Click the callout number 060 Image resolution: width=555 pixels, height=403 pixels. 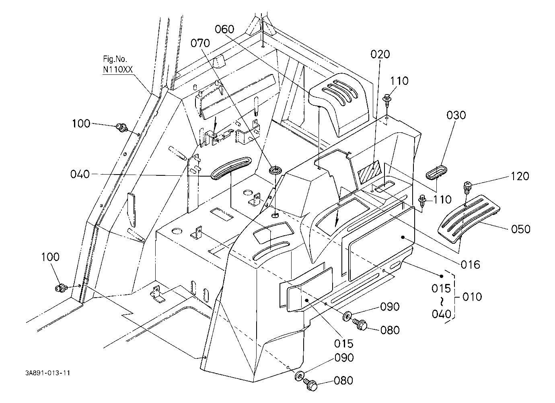pyautogui.click(x=224, y=29)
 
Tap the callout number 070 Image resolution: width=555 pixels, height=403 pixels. pyautogui.click(x=200, y=43)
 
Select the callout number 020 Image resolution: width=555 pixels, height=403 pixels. pyautogui.click(x=380, y=54)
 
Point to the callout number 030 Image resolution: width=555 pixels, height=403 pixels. pyautogui.click(x=456, y=115)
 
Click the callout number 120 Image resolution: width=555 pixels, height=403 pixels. pyautogui.click(x=520, y=176)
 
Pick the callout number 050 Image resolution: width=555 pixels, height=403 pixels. pyautogui.click(x=520, y=229)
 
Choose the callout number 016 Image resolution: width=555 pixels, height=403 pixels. pyautogui.click(x=470, y=265)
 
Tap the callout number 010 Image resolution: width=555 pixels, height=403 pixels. pyautogui.click(x=472, y=297)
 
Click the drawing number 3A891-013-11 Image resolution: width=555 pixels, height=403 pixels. pyautogui.click(x=47, y=373)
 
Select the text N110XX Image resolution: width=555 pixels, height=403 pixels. pyautogui.click(x=118, y=70)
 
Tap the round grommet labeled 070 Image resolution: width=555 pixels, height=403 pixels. pyautogui.click(x=275, y=171)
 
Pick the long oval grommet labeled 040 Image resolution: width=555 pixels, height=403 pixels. pyautogui.click(x=231, y=168)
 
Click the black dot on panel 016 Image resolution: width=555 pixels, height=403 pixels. pyautogui.click(x=403, y=237)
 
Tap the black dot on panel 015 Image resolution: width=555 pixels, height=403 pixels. pyautogui.click(x=307, y=300)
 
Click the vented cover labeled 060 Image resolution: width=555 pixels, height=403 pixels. pyautogui.click(x=339, y=104)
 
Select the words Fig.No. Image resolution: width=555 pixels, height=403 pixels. pyautogui.click(x=115, y=59)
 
